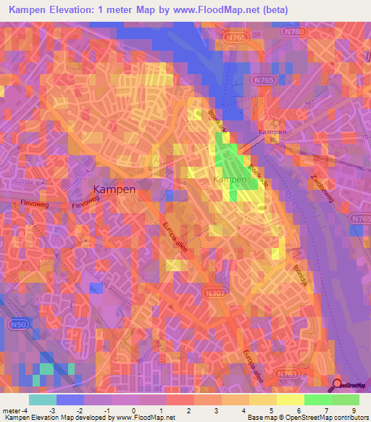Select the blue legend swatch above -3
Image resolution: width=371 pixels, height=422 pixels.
(70, 400)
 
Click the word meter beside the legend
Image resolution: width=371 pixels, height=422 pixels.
(9, 411)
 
